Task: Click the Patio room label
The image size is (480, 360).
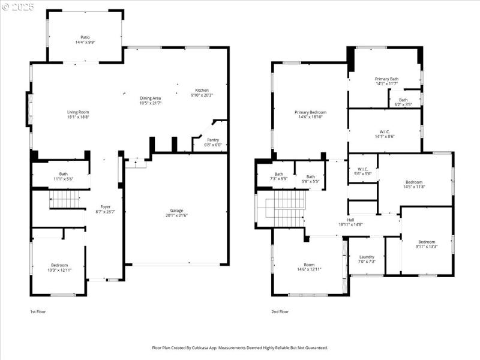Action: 84,37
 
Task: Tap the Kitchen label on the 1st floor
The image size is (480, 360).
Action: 202,91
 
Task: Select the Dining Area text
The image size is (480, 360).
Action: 151,98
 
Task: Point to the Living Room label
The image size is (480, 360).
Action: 77,112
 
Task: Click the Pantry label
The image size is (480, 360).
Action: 213,139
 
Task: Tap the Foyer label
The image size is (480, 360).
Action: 106,207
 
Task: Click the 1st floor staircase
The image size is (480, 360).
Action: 64,199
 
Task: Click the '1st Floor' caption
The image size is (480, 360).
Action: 38,312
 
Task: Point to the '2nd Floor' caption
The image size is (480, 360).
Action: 280,312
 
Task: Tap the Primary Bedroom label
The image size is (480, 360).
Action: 310,112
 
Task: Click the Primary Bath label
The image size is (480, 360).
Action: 386,79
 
